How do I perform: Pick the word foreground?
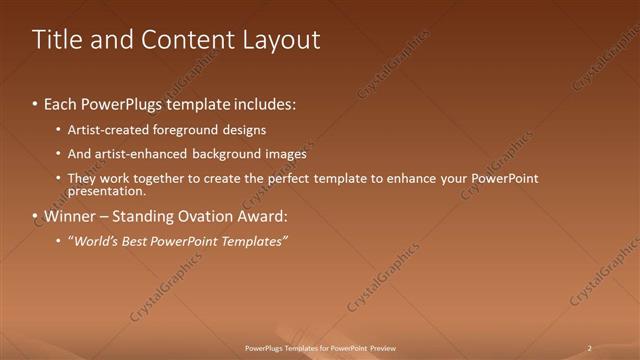pos(189,130)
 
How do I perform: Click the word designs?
pos(245,130)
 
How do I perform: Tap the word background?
pos(220,154)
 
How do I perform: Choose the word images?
pos(282,154)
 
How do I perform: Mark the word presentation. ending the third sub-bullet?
pos(106,190)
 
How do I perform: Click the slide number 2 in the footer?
pos(589,348)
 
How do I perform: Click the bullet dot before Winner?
pos(35,216)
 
